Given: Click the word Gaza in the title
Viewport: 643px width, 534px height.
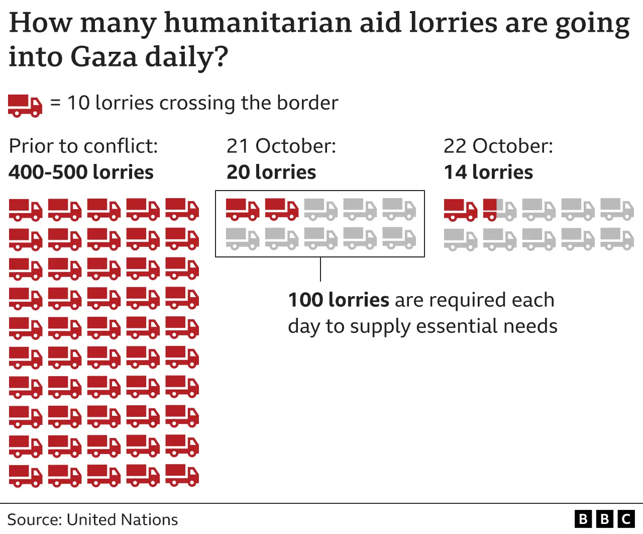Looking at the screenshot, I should pos(103,57).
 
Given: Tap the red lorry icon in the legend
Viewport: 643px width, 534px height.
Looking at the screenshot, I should pos(25,106).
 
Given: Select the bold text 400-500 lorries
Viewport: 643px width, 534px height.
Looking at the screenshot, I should pos(81,172).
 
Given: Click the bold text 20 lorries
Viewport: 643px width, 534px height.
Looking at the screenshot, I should pos(271,172).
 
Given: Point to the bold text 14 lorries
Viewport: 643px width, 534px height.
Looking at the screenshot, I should pos(488,172).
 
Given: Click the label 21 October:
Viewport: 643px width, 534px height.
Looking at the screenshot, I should pos(281,146).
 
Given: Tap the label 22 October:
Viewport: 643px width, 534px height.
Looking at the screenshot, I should pos(498,146).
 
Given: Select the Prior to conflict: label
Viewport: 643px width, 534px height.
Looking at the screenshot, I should pos(83,146).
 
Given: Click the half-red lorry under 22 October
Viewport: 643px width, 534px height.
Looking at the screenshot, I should pos(499,210).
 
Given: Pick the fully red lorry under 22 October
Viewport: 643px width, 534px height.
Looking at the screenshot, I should pos(460,210).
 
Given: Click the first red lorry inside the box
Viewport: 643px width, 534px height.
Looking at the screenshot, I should pos(242,209).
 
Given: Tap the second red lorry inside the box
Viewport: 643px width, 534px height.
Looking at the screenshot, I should pos(281,209).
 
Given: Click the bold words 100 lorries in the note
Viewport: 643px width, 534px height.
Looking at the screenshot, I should pos(339,300).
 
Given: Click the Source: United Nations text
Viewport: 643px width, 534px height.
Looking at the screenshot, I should pos(93,519).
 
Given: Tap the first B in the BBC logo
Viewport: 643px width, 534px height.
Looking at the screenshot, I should pos(583,519).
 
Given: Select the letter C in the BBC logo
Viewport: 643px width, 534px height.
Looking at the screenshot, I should pos(626,519).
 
